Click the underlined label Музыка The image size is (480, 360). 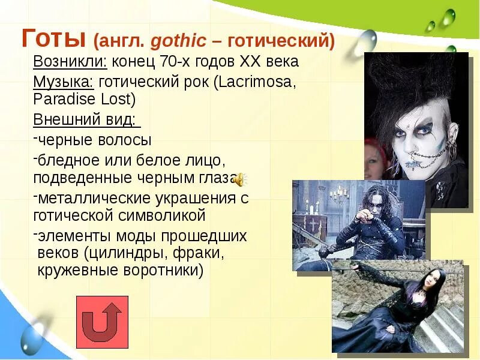coord(64,82)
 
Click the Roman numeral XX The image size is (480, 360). coord(251,62)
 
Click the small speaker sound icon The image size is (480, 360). coord(239,179)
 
